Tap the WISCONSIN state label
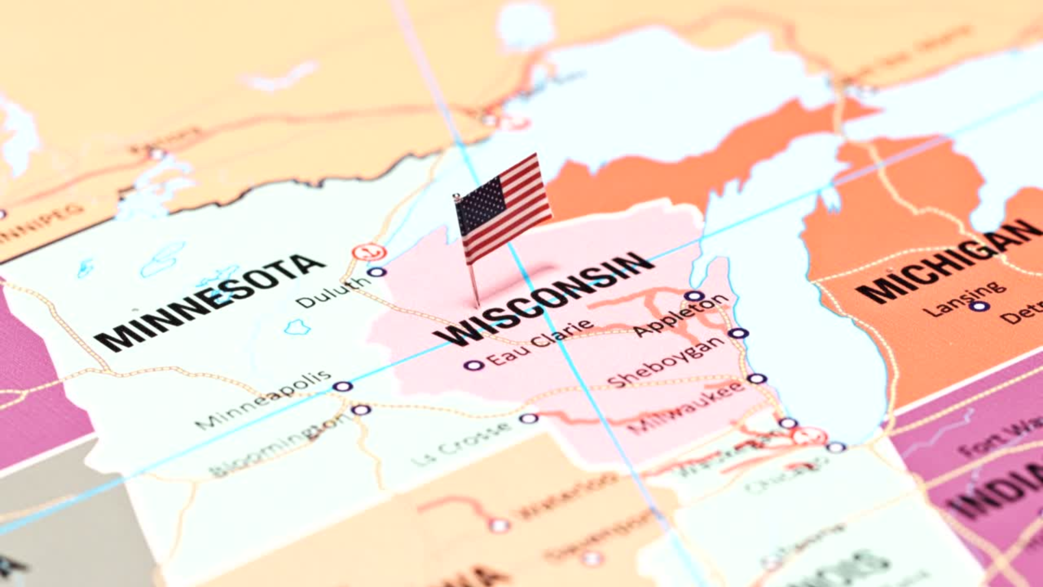[546, 299]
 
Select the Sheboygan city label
[666, 362]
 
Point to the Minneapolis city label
[263, 399]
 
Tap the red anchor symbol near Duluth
[369, 252]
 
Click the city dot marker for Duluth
[376, 272]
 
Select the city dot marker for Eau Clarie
[473, 365]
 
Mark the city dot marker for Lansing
[979, 307]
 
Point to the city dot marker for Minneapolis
[342, 387]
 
